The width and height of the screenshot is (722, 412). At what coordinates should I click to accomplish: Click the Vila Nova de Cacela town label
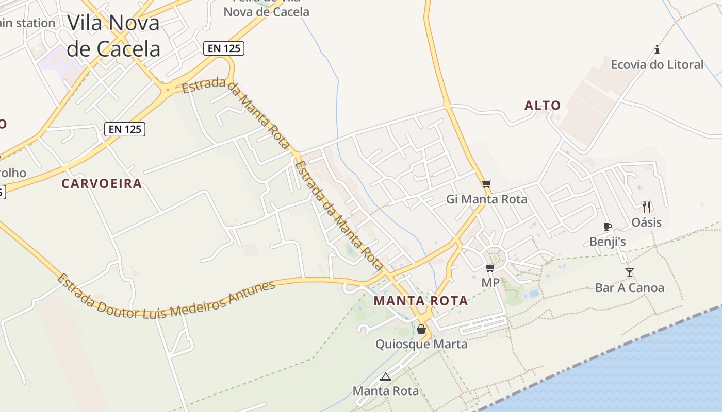pos(113,36)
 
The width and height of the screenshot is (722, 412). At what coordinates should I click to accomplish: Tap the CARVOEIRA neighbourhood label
pos(102,184)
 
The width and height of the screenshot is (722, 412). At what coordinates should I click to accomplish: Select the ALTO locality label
pos(543,106)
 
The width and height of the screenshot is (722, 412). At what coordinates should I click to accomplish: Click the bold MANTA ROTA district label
pos(421,301)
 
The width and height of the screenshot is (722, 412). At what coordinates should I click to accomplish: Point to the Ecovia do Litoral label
pos(657,65)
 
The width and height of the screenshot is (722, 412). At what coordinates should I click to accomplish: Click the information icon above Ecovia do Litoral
pos(657,50)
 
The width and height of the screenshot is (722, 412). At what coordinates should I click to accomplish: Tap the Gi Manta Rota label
pos(486,199)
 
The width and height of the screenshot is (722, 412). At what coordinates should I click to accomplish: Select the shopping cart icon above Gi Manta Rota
pos(487,184)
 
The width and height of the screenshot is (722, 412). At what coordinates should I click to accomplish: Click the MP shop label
pos(490,283)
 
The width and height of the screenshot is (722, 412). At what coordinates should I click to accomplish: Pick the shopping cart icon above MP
pos(490,268)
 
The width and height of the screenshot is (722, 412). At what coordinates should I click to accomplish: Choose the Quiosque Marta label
pos(421,344)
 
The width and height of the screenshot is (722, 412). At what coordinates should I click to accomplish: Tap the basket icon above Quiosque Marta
pos(421,329)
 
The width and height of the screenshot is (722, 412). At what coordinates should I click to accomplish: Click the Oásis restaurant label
pos(646,222)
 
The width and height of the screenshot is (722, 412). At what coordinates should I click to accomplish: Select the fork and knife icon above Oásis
pos(646,207)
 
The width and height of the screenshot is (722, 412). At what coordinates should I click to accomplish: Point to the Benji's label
pos(608,242)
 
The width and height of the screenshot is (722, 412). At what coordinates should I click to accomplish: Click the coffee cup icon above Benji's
pos(608,227)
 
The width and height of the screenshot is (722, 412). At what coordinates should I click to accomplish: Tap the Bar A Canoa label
pos(630,288)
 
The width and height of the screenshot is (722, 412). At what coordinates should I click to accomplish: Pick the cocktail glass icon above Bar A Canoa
pos(630,272)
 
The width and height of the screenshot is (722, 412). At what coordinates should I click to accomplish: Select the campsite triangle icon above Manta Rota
pos(386,376)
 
